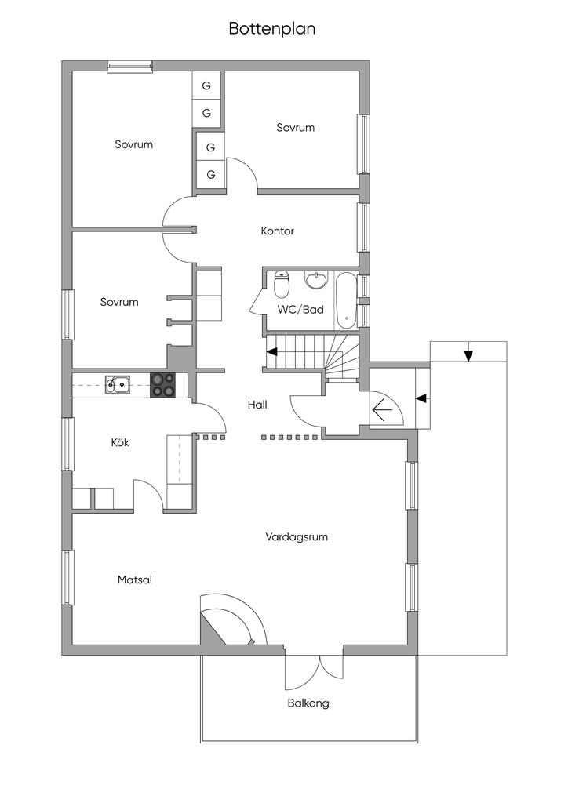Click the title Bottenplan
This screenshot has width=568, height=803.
point(271,29)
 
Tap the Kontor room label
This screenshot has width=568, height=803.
point(277,231)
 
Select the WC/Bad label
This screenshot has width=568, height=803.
point(300,310)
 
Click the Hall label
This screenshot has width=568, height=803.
point(257,405)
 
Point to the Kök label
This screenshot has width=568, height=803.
point(119,442)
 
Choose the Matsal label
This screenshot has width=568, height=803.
point(134,580)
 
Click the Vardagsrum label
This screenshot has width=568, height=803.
point(296,537)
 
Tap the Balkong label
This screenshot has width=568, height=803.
point(308,703)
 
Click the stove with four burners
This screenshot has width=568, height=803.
point(162,384)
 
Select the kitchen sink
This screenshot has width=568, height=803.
point(118,383)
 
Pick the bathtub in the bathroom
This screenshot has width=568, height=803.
point(346,300)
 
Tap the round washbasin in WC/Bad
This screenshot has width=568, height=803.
point(317,281)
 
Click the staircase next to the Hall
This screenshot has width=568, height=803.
point(314,353)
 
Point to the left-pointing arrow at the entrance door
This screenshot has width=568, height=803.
point(384,410)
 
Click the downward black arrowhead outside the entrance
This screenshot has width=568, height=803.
point(468,355)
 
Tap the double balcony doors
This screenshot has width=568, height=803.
point(314,667)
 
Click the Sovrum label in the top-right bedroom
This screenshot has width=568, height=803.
point(295,127)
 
